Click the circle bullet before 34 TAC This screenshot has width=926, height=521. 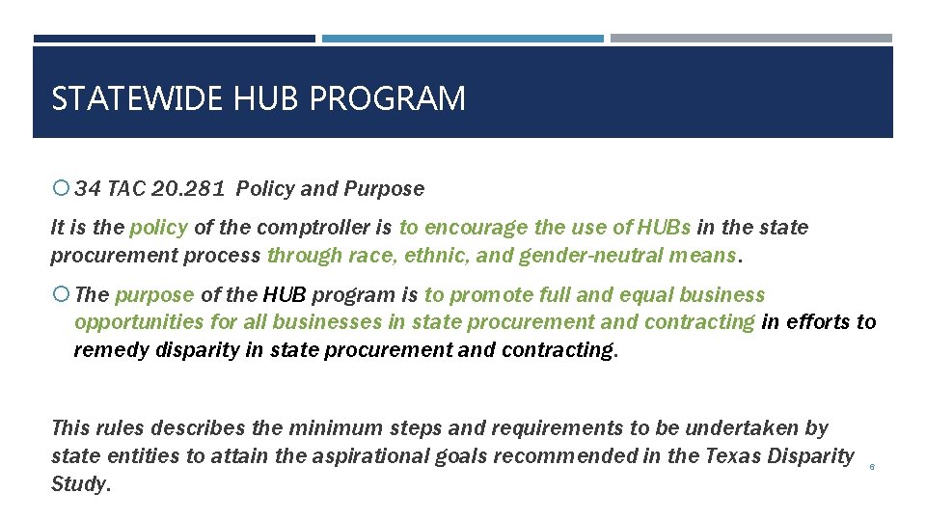60,188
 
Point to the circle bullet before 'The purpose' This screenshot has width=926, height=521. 60,295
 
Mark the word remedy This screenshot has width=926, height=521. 105,350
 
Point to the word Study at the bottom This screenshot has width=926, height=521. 80,483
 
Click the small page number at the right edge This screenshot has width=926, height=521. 872,467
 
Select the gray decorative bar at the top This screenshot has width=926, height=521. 751,39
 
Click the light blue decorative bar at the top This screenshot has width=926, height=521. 463,39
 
